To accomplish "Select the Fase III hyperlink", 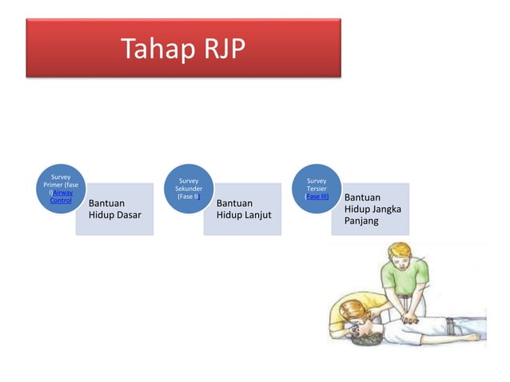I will [317, 197].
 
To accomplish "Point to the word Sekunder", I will [189, 189].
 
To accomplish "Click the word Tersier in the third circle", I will [317, 189].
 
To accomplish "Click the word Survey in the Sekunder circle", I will [189, 181].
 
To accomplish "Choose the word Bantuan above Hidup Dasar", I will [108, 203].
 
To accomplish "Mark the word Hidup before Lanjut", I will [231, 215].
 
